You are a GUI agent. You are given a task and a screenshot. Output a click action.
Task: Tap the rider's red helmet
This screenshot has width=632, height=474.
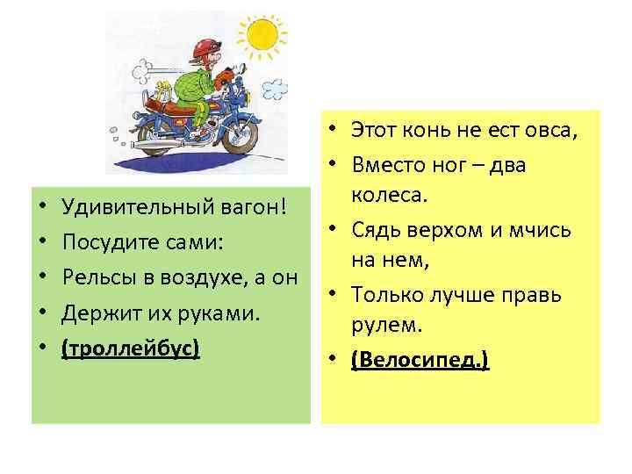[x=205, y=47]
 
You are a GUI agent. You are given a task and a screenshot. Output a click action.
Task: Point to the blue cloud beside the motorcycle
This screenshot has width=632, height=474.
[x=275, y=88]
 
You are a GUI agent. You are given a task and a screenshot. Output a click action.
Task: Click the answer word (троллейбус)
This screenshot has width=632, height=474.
[x=131, y=348]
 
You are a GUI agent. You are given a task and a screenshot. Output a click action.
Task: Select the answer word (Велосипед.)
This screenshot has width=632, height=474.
[x=420, y=360]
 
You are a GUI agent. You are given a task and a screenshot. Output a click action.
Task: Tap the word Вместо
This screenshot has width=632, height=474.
[x=384, y=164]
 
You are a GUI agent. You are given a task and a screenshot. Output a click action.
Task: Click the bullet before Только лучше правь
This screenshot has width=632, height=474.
[x=336, y=295]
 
